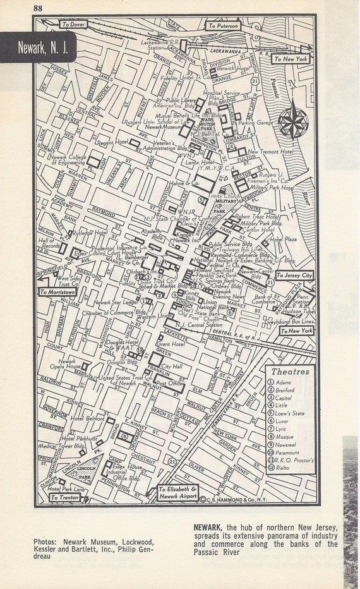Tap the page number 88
[x=39, y=8]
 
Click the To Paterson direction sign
[x=224, y=26]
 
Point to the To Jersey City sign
[x=294, y=276]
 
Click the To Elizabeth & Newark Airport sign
[x=178, y=492]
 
